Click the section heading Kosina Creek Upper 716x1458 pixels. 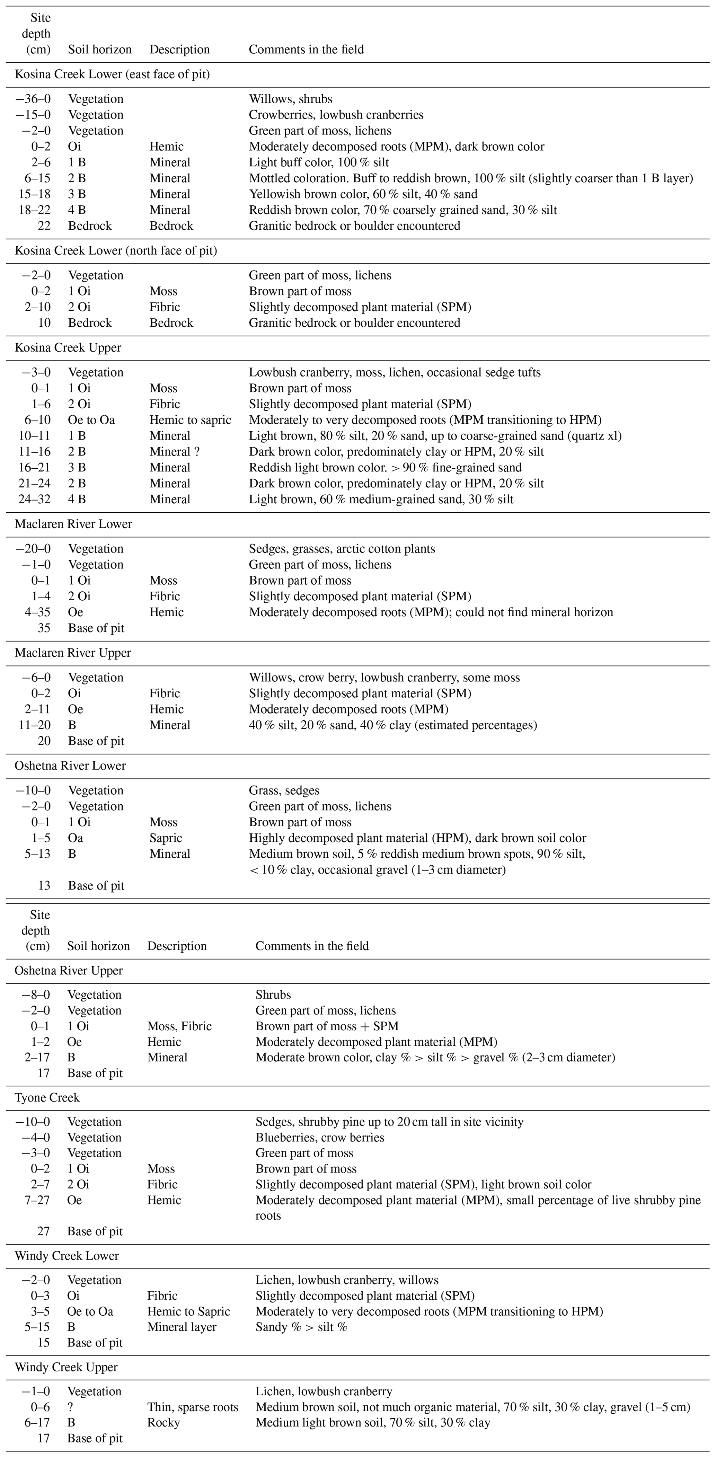click(68, 347)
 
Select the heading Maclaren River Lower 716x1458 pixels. click(73, 524)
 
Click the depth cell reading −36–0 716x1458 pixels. click(33, 99)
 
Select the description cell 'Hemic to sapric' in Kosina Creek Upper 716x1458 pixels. click(190, 420)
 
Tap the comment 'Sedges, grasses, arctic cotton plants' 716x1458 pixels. click(342, 549)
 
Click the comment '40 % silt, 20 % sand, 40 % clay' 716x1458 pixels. click(393, 725)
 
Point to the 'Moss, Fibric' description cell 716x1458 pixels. click(179, 1026)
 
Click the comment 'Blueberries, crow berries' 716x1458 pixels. click(320, 1138)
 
